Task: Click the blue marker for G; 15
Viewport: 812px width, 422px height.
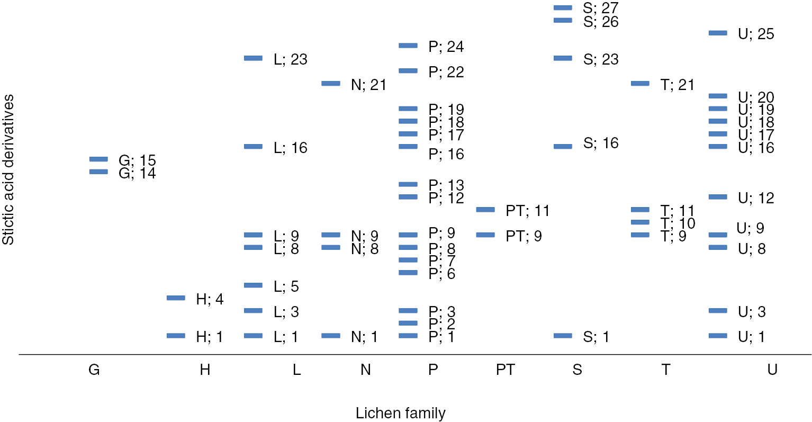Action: point(98,159)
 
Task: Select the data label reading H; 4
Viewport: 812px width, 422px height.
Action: point(210,299)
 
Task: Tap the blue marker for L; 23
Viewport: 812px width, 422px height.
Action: point(253,58)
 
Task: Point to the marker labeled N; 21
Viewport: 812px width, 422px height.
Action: point(331,83)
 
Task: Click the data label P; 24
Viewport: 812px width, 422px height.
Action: point(446,47)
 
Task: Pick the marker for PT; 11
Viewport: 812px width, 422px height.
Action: point(485,210)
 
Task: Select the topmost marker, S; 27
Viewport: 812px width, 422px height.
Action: point(563,7)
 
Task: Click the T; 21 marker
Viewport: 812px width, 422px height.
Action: point(640,83)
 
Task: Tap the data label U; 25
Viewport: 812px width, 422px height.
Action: point(756,34)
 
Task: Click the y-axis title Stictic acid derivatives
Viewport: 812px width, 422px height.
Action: point(8,169)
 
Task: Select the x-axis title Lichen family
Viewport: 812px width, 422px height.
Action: point(400,413)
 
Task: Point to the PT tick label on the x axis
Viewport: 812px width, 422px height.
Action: point(505,370)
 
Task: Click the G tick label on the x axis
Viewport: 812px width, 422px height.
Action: point(94,370)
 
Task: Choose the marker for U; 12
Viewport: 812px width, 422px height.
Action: point(718,197)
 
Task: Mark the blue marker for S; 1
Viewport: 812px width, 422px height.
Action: point(563,336)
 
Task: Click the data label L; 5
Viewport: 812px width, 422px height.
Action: point(286,286)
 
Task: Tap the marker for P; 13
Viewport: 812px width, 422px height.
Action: point(408,184)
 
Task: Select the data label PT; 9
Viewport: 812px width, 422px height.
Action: point(524,236)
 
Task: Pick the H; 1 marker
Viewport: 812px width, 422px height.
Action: point(176,336)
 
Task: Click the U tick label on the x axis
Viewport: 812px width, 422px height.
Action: point(772,370)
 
